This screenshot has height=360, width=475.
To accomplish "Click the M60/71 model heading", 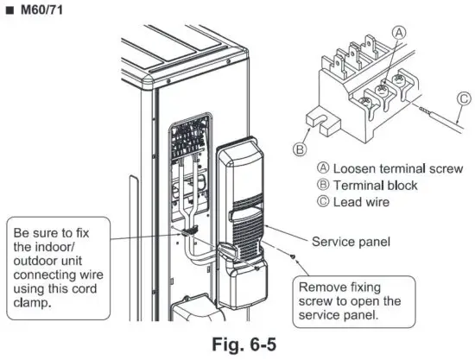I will pos(34,10).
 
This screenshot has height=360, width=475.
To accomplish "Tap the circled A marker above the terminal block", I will pos(398,31).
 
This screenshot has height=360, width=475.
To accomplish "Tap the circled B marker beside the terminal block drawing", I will pos(300,149).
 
